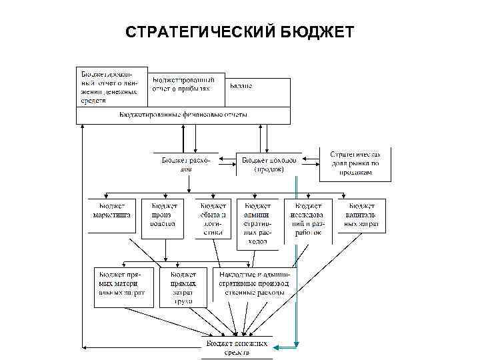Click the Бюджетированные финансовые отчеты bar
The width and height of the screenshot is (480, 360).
click(183, 115)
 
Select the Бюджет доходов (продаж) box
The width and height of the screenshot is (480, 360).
click(269, 164)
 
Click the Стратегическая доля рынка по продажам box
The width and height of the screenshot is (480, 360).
click(355, 163)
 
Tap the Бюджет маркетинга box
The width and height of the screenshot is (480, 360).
click(111, 215)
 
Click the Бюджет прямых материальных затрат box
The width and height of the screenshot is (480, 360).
click(123, 283)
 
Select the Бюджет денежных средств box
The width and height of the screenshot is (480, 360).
click(236, 347)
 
